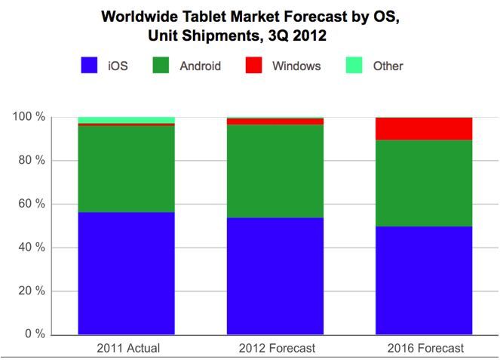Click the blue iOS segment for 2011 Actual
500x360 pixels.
click(127, 273)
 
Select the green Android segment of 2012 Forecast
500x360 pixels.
click(275, 171)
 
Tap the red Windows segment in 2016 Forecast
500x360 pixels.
click(424, 128)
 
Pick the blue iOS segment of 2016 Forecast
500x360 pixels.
click(424, 280)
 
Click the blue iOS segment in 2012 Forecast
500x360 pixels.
click(275, 276)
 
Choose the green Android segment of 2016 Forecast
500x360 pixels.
click(424, 183)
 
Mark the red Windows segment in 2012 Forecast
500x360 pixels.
click(275, 122)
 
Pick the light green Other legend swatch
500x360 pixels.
click(355, 66)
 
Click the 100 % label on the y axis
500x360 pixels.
click(29, 117)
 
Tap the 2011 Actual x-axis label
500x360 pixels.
click(127, 348)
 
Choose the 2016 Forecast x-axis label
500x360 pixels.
click(424, 348)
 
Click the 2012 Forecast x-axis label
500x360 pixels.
click(275, 348)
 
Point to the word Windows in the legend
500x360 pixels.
click(296, 66)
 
